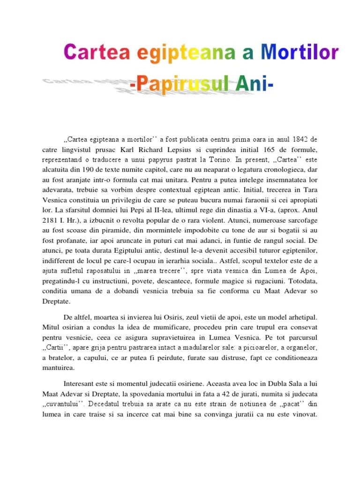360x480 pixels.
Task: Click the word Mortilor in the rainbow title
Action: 300,52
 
